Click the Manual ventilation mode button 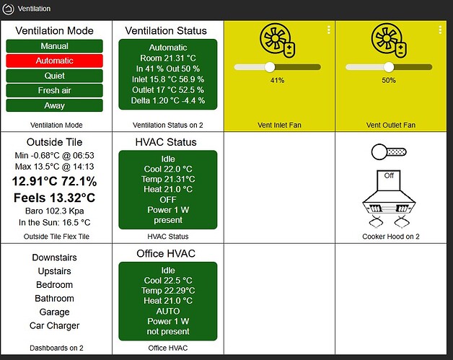click(x=54, y=46)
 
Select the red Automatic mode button click(x=54, y=61)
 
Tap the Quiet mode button click(x=54, y=76)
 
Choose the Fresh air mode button click(x=54, y=90)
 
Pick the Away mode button click(x=54, y=105)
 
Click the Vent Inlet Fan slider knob click(x=270, y=67)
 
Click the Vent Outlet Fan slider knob click(x=389, y=67)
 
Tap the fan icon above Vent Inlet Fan click(x=277, y=40)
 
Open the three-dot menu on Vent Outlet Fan click(x=440, y=30)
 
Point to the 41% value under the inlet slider click(x=277, y=80)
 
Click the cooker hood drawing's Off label click(x=389, y=175)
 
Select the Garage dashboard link click(x=54, y=312)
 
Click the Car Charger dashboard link click(x=54, y=325)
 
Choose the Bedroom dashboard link click(x=54, y=285)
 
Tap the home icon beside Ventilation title click(x=8, y=9)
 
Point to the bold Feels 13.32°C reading click(x=54, y=198)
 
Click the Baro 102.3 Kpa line click(x=54, y=211)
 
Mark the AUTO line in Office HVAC click(x=168, y=311)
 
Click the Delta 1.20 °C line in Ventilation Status click(x=168, y=100)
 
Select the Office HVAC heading click(x=166, y=254)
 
